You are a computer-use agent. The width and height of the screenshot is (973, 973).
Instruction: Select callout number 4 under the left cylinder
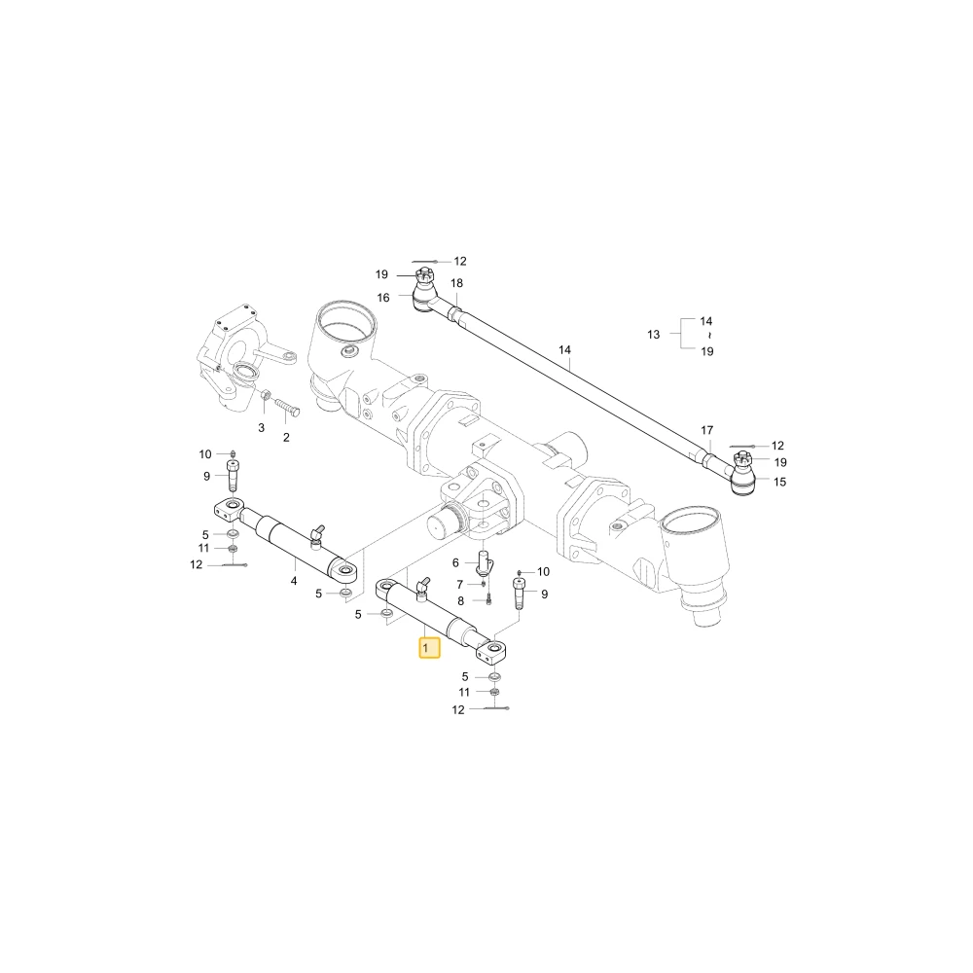tap(294, 581)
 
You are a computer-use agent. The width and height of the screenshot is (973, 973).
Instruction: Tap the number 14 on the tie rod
tap(564, 350)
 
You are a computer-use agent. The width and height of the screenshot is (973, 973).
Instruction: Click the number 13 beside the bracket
tap(654, 335)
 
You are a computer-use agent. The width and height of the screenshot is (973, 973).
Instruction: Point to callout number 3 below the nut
tap(261, 427)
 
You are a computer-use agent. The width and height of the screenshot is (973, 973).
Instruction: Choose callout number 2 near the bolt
tap(286, 438)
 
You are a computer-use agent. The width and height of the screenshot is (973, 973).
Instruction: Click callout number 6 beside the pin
tap(455, 562)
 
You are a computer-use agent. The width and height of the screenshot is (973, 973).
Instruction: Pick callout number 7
tap(460, 585)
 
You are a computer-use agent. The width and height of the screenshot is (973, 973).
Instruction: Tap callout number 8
tap(460, 601)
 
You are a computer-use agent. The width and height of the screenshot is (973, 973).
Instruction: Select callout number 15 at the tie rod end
tap(780, 482)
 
